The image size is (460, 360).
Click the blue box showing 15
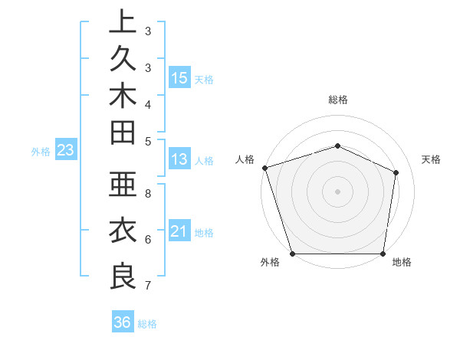coord(179,77)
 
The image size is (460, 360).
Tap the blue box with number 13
coord(179,159)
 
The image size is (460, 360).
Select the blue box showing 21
coord(179,231)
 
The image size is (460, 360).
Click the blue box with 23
coord(65,150)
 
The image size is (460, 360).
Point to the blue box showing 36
coord(122,322)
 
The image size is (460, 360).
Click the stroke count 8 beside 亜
coord(147,194)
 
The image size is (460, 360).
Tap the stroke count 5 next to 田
coord(147,140)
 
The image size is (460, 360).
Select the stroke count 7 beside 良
coord(147,286)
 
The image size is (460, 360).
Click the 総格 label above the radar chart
coord(337,100)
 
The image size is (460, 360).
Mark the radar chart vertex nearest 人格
coord(264,168)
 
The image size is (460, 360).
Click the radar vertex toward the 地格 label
coord(383,254)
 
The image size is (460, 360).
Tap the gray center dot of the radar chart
coord(337,191)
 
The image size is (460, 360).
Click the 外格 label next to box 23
coord(41,152)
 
